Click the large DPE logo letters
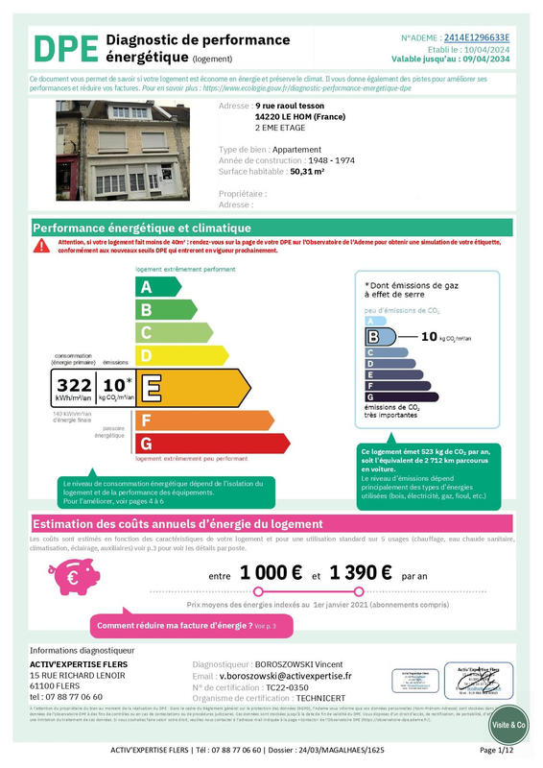click(65, 49)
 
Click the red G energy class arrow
click(210, 444)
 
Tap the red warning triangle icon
click(41, 245)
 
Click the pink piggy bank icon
click(74, 577)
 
